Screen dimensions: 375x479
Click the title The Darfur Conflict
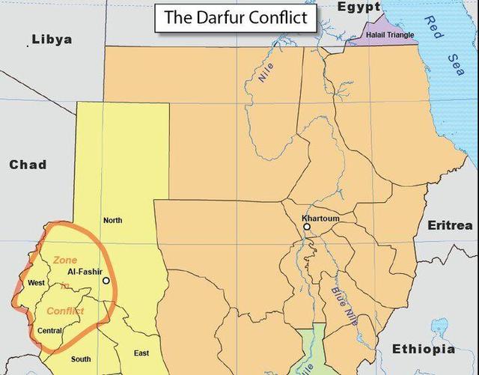coord(235,18)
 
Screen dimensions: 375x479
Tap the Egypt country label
coord(359,7)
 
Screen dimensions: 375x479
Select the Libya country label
coord(52,39)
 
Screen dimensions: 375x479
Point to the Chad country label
coord(28,165)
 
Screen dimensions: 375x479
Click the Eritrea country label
coord(450,225)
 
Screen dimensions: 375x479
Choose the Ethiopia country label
coord(423,350)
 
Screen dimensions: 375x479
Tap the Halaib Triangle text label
coord(390,35)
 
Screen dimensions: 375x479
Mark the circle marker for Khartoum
coord(306,226)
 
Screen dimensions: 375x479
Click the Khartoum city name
coord(321,218)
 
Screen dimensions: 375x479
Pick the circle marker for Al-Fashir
coord(106,281)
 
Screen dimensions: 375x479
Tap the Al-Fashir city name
coord(85,272)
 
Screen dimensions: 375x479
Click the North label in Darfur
coord(112,220)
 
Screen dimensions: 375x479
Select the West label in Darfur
coord(36,283)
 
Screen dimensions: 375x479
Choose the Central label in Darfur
coord(49,330)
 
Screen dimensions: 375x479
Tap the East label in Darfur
coord(141,353)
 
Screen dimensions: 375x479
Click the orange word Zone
coord(64,260)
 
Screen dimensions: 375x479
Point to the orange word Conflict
coord(65,311)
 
